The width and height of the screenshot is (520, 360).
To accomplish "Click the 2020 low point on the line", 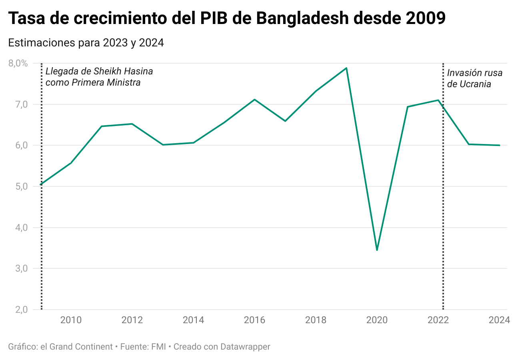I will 377,250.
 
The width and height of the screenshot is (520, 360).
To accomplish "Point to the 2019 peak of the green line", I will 346,68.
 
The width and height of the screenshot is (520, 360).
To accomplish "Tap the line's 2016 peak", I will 254,100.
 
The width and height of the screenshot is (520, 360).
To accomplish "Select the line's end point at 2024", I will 499,145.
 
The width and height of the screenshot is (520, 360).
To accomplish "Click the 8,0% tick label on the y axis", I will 18,63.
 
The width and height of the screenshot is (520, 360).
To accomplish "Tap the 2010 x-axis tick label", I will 71,320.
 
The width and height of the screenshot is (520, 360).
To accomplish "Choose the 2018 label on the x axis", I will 316,320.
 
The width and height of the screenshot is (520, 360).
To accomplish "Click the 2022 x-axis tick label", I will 438,320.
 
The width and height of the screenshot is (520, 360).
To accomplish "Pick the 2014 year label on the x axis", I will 193,320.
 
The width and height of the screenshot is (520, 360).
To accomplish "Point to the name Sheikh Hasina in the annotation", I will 123,72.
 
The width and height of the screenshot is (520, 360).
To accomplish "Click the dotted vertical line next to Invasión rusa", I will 443,200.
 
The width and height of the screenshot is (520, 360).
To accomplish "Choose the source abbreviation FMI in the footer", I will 158,347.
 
